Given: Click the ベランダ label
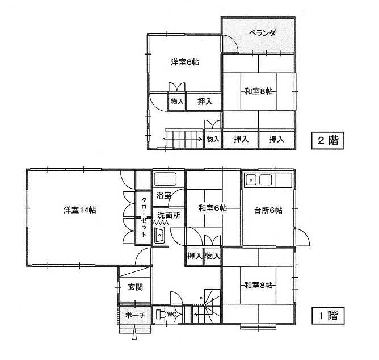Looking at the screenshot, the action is [262, 32].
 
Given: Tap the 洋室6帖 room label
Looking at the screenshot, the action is [185, 62].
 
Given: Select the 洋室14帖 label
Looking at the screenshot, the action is [80, 210].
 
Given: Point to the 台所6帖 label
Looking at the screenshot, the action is [268, 210].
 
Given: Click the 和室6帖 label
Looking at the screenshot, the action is [212, 208].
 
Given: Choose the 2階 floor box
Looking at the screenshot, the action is [328, 140].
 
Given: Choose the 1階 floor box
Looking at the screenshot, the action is [328, 316].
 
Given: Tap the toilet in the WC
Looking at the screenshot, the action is [161, 314].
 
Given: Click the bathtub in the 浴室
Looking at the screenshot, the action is [165, 179].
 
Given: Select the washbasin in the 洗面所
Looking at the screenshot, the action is [159, 235].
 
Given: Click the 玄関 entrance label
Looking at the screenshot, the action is [136, 287].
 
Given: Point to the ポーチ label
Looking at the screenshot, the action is [135, 315].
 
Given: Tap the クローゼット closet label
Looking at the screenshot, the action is [144, 217].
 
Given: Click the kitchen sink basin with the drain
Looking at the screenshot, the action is [251, 180].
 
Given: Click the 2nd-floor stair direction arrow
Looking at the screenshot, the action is [183, 139].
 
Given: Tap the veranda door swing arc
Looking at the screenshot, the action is [230, 44].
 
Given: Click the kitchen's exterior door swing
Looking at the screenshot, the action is [302, 237].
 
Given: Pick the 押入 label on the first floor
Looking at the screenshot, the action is [195, 256].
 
